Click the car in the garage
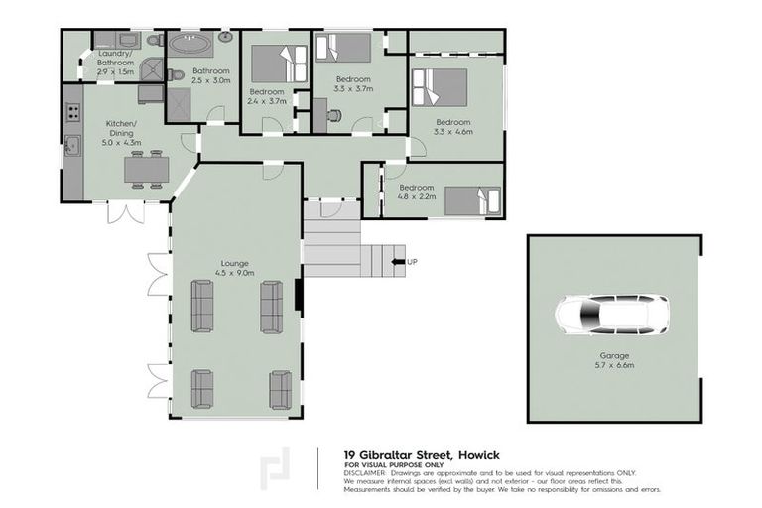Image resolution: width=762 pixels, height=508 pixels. click(611, 316)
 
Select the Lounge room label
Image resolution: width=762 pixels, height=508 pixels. click(236, 263)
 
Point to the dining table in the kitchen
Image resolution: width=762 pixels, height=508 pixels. click(146, 170)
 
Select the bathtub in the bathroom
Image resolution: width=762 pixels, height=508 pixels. click(187, 45)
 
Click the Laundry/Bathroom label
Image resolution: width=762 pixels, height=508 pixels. click(115, 63)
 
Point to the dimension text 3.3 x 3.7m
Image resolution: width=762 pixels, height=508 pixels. click(353, 88)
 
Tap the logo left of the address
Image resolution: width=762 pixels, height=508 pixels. click(275, 467)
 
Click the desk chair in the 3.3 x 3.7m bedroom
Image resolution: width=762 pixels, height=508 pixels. click(334, 115)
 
